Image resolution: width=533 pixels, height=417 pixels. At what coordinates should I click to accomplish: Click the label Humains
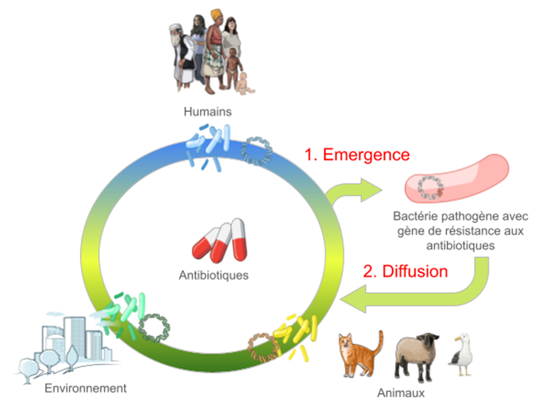tap(207, 112)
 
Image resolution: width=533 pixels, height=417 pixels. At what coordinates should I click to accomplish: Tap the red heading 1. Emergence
tap(357, 154)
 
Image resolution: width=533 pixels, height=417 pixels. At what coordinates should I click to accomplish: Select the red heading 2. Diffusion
tap(405, 271)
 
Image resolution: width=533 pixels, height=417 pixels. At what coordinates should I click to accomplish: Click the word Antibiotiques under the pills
tap(213, 275)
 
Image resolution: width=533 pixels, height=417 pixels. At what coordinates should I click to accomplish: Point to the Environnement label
tap(86, 388)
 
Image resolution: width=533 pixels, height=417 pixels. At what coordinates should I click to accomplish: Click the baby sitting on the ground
tap(245, 84)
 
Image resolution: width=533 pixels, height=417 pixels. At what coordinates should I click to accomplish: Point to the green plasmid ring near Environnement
tap(153, 327)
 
